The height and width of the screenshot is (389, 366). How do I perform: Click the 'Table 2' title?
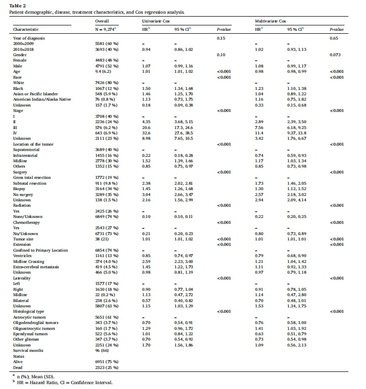(x=18, y=6)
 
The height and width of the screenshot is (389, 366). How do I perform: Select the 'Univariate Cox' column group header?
(x=156, y=21)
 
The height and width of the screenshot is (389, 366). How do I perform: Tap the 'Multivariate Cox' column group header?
(x=270, y=21)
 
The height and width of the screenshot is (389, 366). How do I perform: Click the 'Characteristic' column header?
(x=26, y=29)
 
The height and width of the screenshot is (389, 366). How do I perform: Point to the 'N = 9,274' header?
(x=106, y=29)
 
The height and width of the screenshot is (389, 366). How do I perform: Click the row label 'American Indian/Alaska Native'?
(x=42, y=99)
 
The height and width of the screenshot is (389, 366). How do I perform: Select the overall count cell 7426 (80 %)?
(x=107, y=83)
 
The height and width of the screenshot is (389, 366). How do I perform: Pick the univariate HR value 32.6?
(x=146, y=133)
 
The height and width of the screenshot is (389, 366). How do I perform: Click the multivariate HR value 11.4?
(x=259, y=133)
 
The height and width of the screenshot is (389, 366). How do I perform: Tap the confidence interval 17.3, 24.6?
(x=184, y=128)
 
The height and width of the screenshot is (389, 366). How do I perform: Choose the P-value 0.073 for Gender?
(x=335, y=55)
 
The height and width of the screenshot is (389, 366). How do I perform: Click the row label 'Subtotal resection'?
(x=29, y=183)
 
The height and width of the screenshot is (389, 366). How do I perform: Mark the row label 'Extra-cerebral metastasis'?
(x=36, y=267)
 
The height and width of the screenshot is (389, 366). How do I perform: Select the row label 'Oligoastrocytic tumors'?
(x=34, y=328)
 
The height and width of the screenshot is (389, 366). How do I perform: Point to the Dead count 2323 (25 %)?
(x=107, y=367)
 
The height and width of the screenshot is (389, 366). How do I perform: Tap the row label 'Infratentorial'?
(x=25, y=155)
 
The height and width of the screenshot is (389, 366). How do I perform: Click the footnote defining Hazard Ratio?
(x=63, y=383)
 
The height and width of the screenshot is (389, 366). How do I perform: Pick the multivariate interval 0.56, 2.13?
(x=297, y=345)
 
